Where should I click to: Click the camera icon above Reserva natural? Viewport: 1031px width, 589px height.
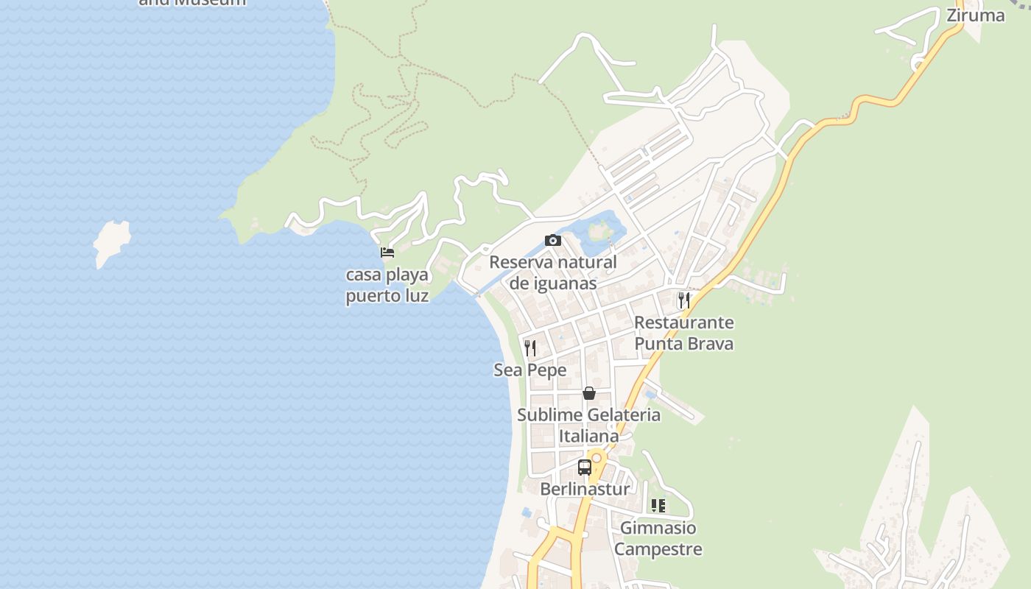click(x=553, y=240)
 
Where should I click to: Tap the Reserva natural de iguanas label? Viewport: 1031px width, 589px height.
click(x=553, y=272)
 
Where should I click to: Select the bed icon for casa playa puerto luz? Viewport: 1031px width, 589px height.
click(x=387, y=253)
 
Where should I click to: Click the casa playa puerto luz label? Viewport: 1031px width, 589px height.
click(x=387, y=286)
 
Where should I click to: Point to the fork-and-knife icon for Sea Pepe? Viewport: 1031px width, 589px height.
click(x=530, y=348)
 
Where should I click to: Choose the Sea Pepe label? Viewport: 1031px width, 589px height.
click(x=530, y=370)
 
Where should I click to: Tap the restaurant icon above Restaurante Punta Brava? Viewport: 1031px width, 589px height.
click(x=684, y=300)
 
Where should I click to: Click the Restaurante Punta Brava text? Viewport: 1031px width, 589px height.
click(x=684, y=333)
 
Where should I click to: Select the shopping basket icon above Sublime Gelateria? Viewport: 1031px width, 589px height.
click(x=589, y=393)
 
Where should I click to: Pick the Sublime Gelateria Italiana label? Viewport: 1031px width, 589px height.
click(x=589, y=426)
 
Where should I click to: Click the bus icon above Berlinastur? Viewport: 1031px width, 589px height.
click(x=585, y=467)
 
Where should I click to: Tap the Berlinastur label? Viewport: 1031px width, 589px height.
click(x=585, y=490)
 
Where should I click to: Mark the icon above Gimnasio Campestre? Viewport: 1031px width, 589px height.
click(x=658, y=506)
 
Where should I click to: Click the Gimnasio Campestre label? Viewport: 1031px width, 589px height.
click(x=658, y=538)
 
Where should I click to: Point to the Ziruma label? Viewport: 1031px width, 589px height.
click(x=975, y=15)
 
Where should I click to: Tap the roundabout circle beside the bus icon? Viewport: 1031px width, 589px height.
click(x=597, y=458)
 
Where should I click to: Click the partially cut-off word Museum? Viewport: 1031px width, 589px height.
click(x=214, y=2)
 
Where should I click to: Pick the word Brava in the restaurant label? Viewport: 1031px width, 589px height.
click(x=710, y=344)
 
